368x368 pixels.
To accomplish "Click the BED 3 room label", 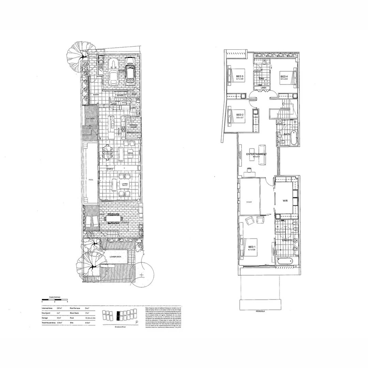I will (x=240, y=76).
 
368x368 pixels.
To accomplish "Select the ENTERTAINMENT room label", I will (x=257, y=154).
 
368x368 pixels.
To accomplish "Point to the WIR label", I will (x=286, y=201).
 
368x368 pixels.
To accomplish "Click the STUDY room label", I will (x=249, y=202).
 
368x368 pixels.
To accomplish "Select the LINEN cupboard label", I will (x=263, y=88).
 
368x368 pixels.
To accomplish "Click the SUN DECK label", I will (x=90, y=118).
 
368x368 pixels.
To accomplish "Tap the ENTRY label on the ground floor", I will (x=96, y=95).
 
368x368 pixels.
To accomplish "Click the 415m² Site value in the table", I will (x=88, y=322).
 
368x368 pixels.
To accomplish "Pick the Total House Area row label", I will (x=49, y=322).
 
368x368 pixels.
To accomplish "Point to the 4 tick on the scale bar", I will (x=68, y=302).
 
